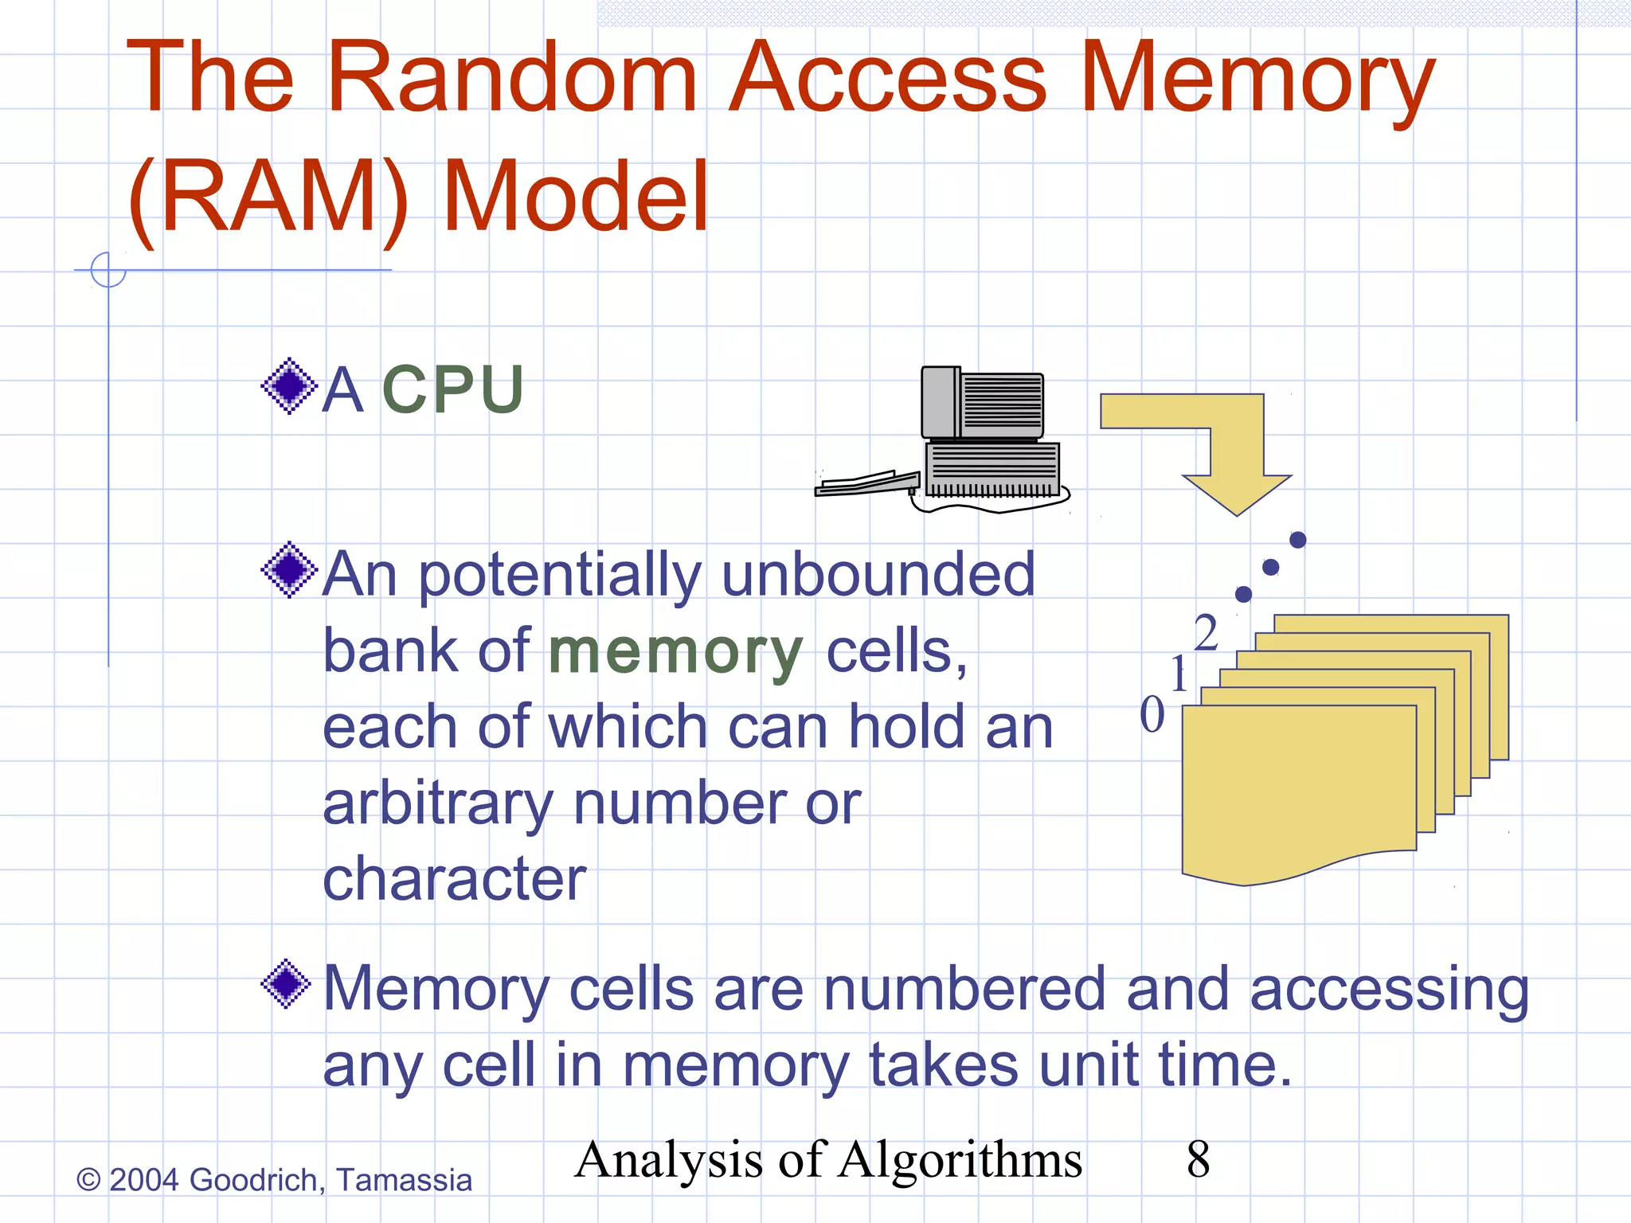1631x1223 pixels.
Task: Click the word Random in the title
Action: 511,77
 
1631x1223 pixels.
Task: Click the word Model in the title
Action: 575,197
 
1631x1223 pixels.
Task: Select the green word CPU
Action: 452,390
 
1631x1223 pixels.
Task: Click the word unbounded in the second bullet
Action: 878,575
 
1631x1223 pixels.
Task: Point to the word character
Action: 455,879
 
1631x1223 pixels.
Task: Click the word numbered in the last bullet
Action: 964,990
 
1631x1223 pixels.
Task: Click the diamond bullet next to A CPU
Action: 288,386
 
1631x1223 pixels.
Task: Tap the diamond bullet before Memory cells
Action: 287,985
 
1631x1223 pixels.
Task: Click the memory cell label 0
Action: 1152,714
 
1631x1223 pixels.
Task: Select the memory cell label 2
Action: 1206,634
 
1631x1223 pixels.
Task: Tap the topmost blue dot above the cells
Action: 1297,540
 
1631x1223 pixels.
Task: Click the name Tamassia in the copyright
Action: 404,1180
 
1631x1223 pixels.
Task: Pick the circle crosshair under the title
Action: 108,269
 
